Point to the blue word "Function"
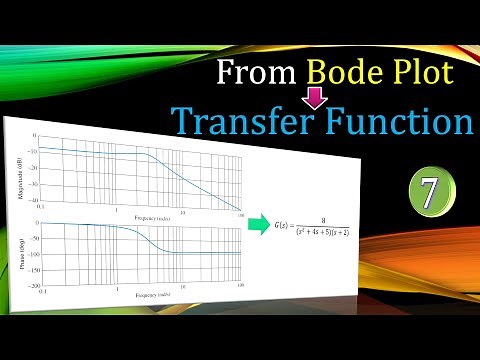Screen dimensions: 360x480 point(399,120)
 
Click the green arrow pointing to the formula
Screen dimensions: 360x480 point(258,223)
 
